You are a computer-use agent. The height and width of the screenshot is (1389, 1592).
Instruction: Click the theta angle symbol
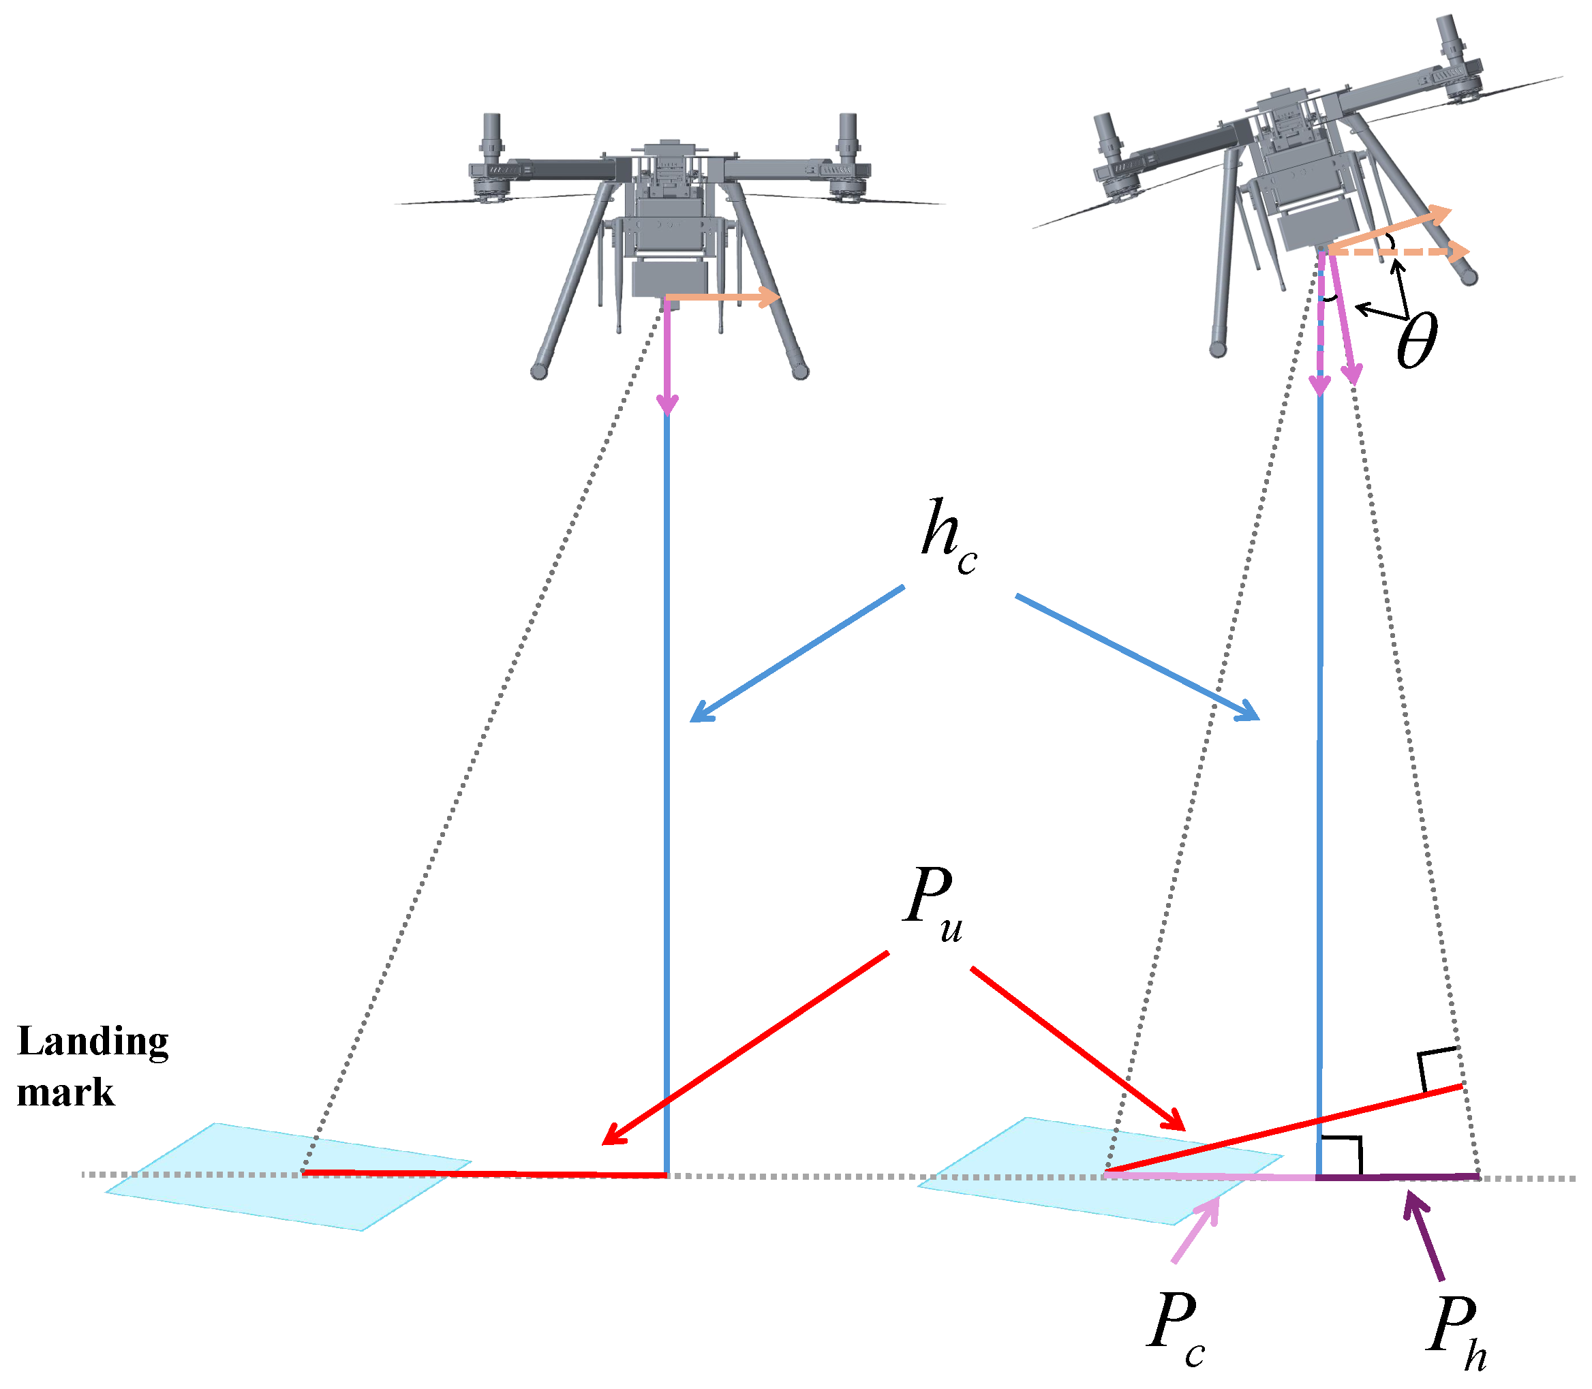(x=1417, y=341)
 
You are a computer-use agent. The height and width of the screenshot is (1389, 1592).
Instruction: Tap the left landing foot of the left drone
(x=540, y=371)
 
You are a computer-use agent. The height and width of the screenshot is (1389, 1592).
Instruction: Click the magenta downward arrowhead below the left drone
(x=667, y=404)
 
